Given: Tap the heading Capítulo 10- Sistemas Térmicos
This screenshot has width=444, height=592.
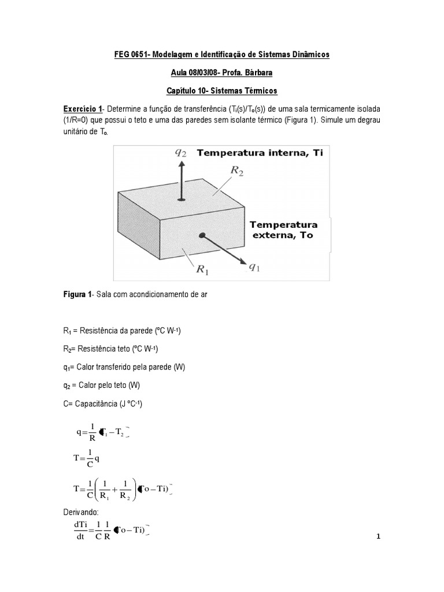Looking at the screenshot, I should [x=221, y=91].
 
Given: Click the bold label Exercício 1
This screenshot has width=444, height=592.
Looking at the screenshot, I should [x=83, y=110].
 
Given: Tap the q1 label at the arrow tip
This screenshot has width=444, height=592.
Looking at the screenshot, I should [x=254, y=267].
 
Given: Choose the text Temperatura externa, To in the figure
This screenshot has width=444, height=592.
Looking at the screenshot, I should [x=283, y=230].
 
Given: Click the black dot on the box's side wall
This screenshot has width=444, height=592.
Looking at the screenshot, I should [x=202, y=235].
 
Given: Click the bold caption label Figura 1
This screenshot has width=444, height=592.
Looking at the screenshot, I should [x=77, y=294].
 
